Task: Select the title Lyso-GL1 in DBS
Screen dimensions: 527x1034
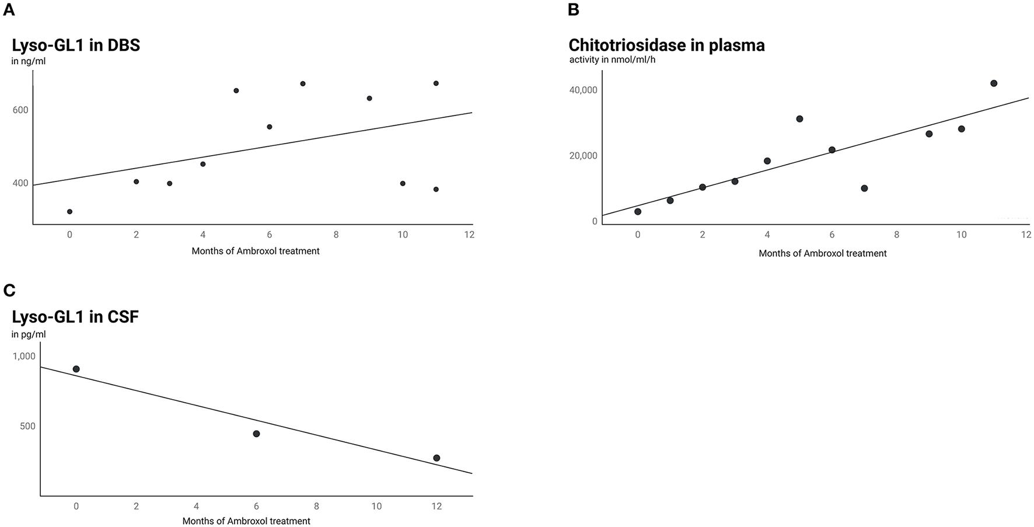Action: click(x=76, y=46)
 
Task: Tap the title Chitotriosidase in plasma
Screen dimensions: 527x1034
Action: click(x=666, y=46)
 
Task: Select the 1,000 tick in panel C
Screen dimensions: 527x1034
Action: click(x=24, y=356)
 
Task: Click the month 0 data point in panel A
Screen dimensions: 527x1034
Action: click(x=69, y=212)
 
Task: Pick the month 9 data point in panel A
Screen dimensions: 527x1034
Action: click(x=369, y=98)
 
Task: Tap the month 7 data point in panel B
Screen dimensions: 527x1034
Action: click(x=864, y=188)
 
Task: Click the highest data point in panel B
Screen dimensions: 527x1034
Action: click(x=994, y=83)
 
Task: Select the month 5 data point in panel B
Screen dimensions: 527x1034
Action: click(x=799, y=118)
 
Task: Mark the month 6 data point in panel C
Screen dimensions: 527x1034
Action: click(x=256, y=434)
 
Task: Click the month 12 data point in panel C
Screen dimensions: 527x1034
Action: click(x=436, y=458)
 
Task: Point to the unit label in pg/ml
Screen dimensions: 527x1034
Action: click(x=29, y=334)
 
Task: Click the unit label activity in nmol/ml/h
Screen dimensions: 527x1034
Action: click(x=612, y=60)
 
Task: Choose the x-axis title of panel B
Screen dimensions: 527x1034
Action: click(x=822, y=253)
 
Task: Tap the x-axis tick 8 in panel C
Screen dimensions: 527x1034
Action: click(x=316, y=506)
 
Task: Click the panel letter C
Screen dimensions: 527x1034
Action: click(x=8, y=290)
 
